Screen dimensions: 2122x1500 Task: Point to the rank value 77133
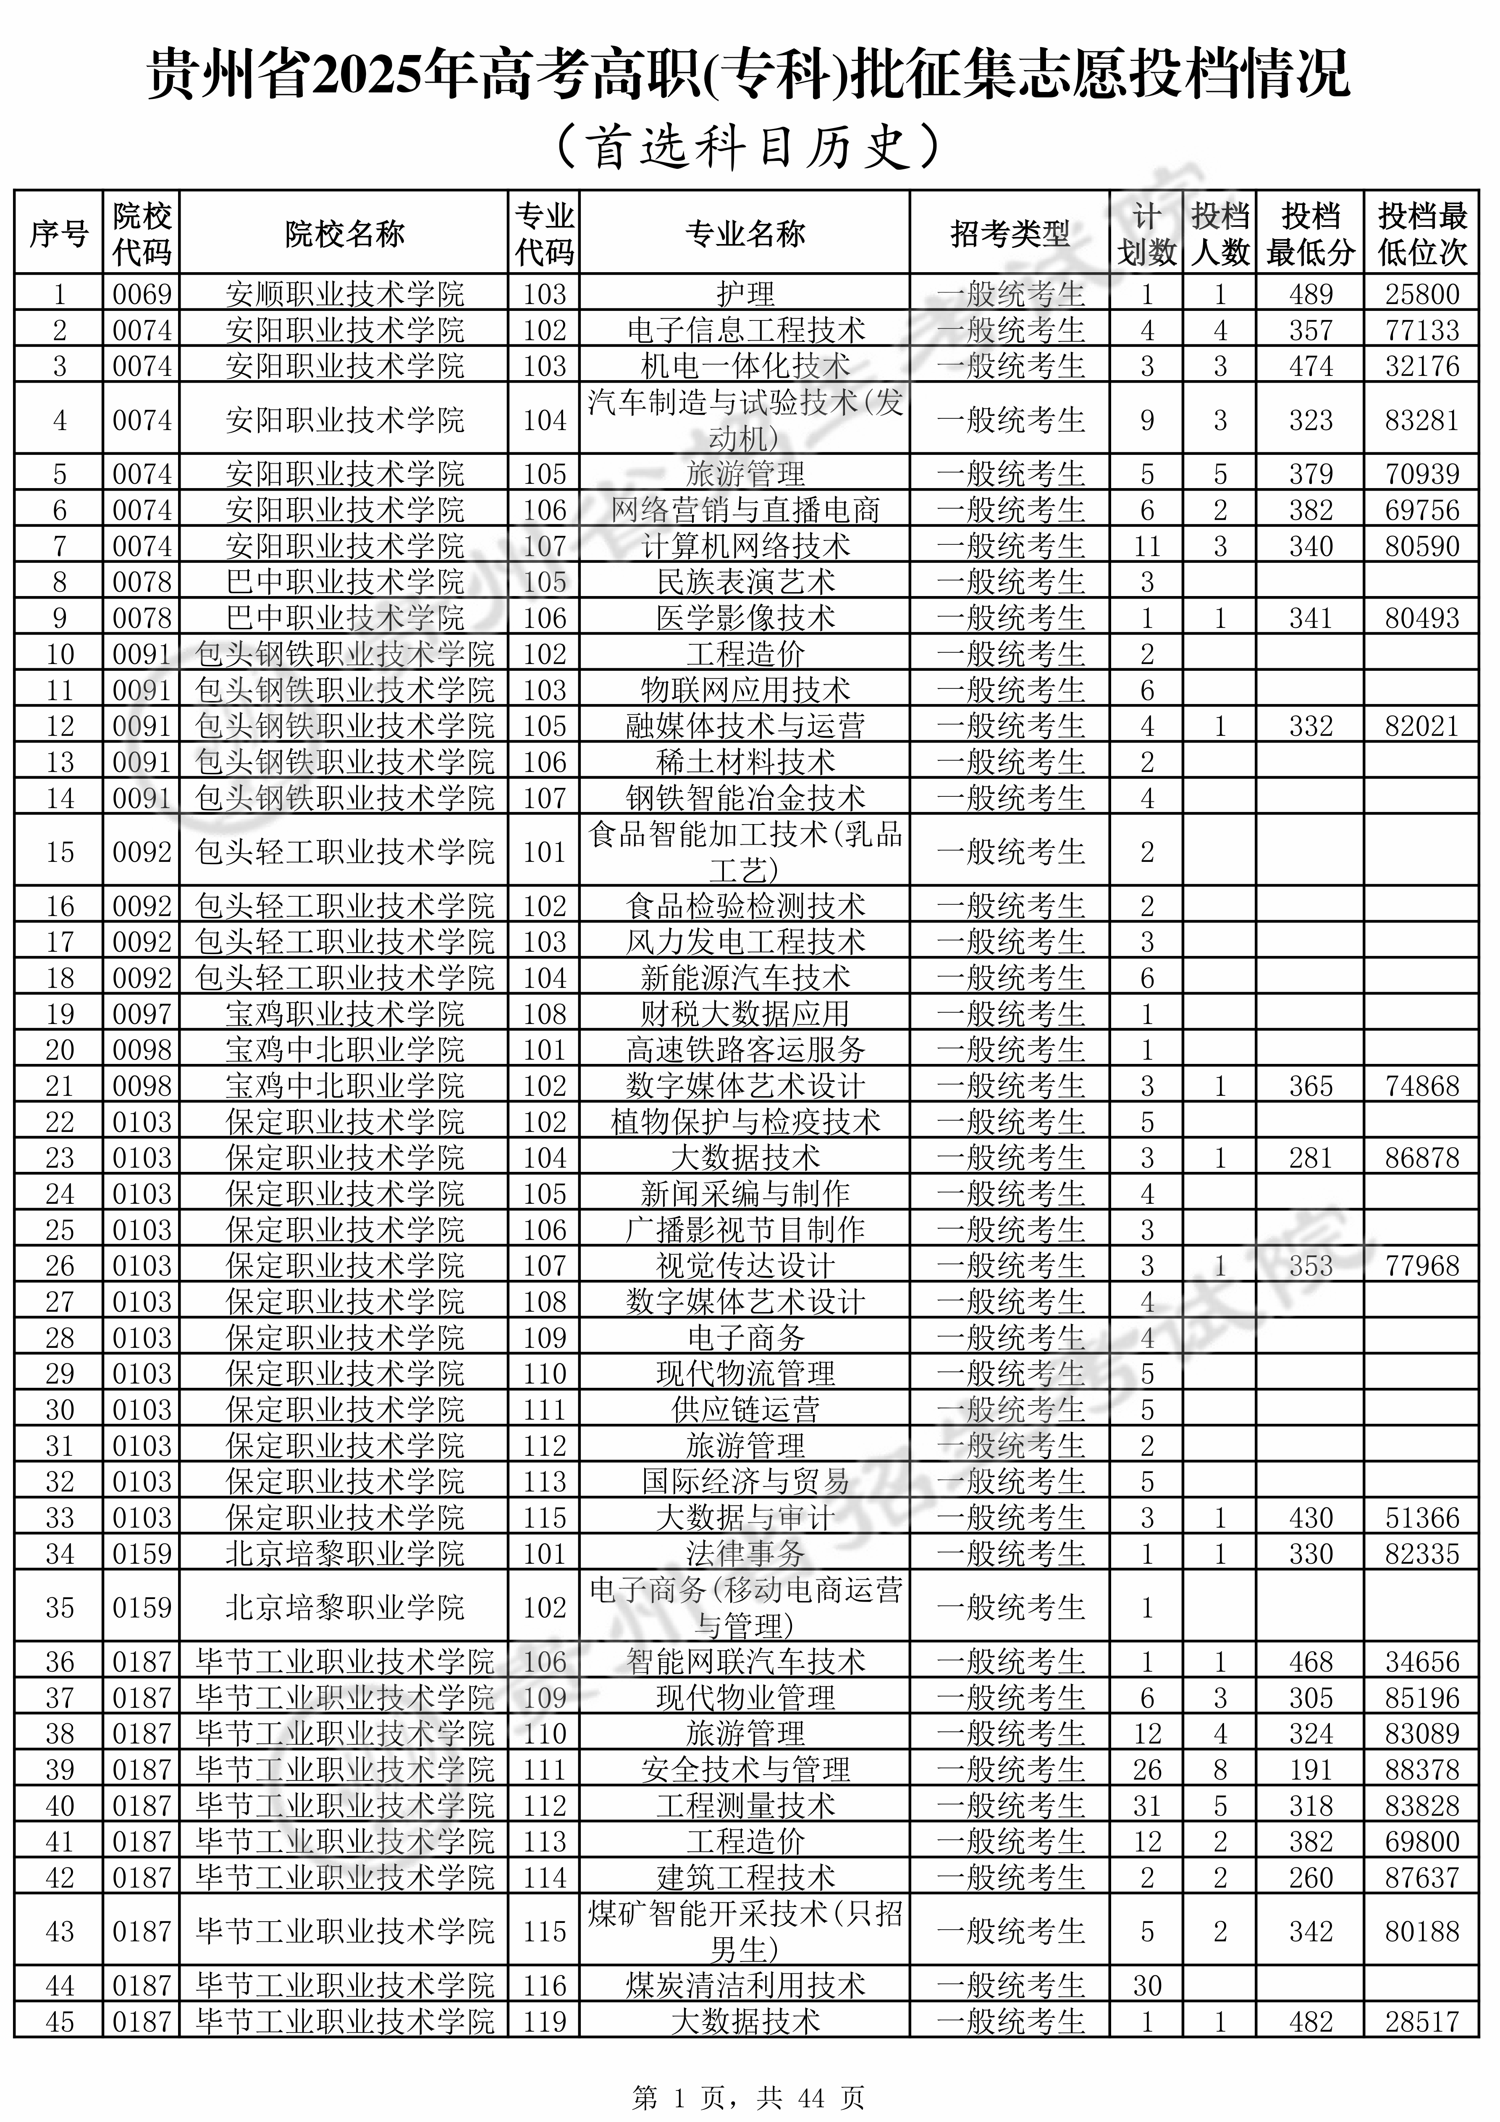pos(1421,330)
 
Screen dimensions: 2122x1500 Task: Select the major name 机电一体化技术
pos(745,366)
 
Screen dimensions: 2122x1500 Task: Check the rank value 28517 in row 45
pos(1421,2021)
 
